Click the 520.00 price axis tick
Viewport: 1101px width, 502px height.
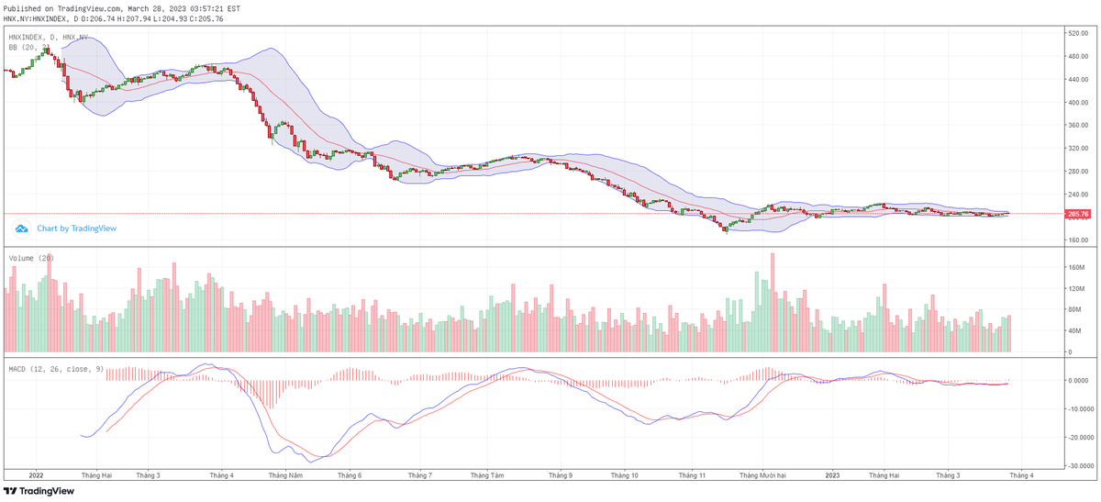tap(1078, 33)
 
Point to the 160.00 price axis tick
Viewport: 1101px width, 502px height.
tap(1078, 240)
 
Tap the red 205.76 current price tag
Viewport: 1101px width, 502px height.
tap(1077, 214)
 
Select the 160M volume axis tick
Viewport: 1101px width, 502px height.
tap(1077, 267)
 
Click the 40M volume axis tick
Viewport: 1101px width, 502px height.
tap(1075, 330)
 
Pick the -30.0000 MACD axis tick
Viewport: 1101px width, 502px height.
tap(1080, 465)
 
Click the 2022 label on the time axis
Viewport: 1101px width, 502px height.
tap(36, 475)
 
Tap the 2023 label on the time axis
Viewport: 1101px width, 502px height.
tap(832, 475)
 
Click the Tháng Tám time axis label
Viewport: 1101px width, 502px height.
tap(485, 475)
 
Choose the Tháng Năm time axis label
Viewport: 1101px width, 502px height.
tap(285, 475)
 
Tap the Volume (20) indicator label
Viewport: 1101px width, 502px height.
tap(31, 259)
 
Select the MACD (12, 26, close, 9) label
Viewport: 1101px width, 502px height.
tap(56, 369)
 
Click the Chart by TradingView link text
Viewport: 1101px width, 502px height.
tap(76, 229)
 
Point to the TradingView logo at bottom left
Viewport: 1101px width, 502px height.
tap(39, 491)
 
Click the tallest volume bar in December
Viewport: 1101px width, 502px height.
tap(773, 303)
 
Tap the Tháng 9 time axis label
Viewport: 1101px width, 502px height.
tap(561, 475)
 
